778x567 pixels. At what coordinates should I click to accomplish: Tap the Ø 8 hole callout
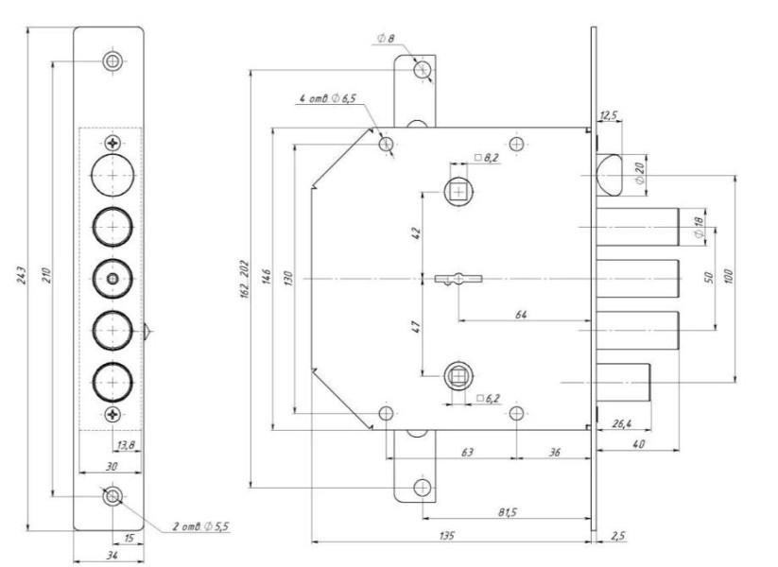click(385, 39)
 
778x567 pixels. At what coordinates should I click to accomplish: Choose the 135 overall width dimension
click(449, 536)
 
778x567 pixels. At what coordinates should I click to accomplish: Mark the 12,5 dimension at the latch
click(609, 115)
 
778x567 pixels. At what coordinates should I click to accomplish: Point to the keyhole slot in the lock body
click(458, 279)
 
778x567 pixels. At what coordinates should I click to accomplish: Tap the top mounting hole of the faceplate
click(112, 61)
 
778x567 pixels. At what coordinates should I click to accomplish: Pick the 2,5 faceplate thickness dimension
click(618, 536)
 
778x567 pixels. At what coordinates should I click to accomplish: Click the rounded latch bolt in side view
click(607, 174)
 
